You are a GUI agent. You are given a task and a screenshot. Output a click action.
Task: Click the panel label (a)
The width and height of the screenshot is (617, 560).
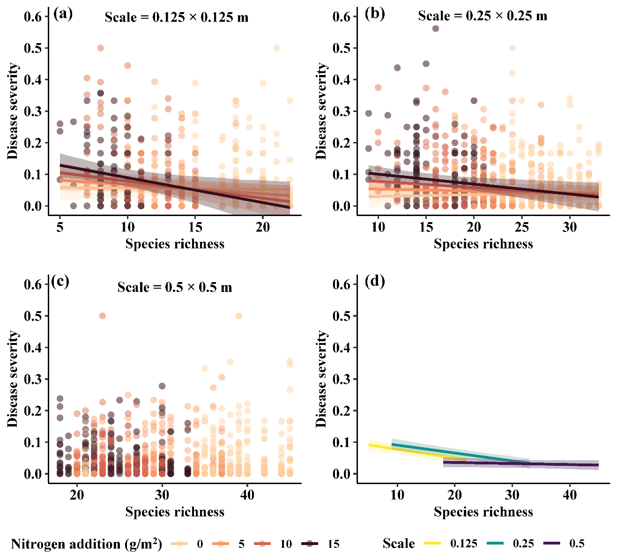click(63, 14)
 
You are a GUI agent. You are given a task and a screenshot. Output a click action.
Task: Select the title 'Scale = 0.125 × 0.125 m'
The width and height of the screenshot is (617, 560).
click(176, 17)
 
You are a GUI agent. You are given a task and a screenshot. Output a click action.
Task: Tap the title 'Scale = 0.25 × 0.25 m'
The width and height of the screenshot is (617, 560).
click(483, 16)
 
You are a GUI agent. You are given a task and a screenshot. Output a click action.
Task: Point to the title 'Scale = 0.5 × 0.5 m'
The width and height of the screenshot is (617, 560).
click(175, 287)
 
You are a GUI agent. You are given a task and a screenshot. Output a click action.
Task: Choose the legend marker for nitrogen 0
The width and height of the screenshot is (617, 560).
click(179, 544)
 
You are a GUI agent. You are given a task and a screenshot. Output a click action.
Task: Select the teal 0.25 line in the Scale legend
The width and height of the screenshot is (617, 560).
click(495, 543)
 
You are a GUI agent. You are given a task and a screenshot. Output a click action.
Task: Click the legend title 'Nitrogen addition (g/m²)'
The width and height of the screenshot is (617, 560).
click(86, 544)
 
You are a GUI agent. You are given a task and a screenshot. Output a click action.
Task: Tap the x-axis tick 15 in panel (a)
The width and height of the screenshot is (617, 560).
click(195, 227)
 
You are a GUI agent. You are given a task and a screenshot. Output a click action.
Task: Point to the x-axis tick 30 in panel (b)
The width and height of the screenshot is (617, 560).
click(570, 227)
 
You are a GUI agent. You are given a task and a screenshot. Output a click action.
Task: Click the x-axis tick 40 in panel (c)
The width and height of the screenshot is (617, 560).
click(247, 495)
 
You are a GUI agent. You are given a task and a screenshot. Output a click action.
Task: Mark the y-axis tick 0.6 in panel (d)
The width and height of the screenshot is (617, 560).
click(342, 284)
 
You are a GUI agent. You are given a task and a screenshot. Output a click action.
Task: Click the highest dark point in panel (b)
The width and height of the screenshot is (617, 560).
click(436, 29)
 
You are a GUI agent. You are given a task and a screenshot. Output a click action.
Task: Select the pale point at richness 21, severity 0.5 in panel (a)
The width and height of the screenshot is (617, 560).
click(276, 48)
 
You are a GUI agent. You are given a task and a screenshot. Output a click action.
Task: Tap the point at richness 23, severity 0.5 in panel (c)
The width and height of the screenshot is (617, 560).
click(103, 316)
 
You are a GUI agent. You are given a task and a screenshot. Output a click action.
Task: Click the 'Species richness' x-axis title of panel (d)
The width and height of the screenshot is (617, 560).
click(483, 511)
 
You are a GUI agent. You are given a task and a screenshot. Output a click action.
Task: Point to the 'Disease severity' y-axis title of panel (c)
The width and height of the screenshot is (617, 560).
click(13, 379)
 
